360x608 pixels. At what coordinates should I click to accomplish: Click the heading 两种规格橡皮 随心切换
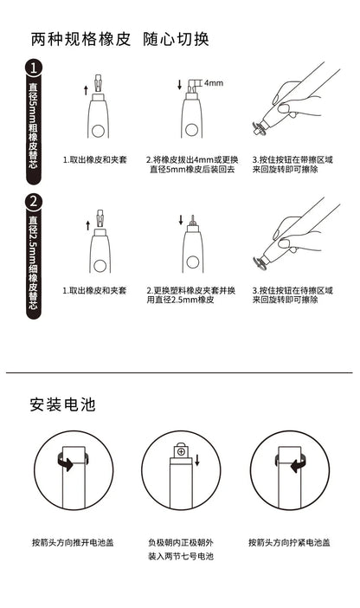[x=119, y=40]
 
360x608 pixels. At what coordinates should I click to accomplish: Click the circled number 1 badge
[x=34, y=68]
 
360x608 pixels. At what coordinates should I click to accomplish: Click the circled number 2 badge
[x=34, y=202]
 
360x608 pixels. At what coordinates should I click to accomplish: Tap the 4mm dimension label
[x=213, y=83]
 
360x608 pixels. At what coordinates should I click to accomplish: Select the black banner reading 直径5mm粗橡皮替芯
[x=34, y=130]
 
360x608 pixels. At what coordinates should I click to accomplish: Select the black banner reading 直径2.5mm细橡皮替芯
[x=34, y=264]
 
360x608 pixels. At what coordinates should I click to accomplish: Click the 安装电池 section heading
[x=61, y=404]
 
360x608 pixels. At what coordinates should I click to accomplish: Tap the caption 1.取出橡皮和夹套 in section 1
[x=94, y=159]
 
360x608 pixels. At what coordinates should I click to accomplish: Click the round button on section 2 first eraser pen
[x=100, y=265]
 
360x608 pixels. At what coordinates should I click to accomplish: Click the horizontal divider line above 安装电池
[x=179, y=372]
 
